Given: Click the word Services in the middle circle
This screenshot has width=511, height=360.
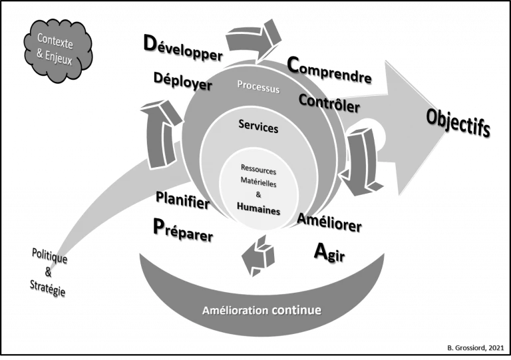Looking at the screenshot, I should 258,126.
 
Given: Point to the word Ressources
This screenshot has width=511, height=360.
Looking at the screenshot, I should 258,170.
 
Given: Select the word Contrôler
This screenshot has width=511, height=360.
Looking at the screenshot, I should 329,103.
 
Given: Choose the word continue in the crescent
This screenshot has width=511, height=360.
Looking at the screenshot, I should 296,310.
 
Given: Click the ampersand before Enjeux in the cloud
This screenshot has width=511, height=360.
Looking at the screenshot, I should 41,55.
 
